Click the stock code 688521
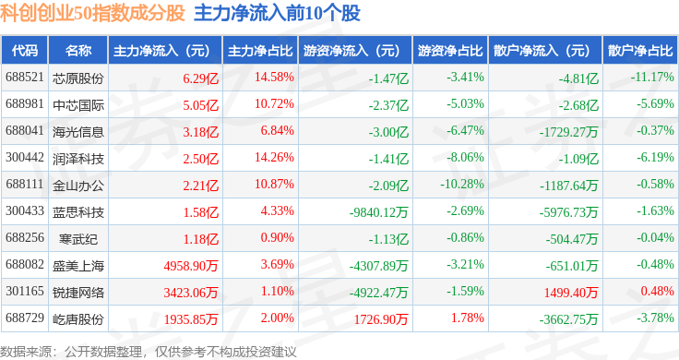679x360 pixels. tap(25, 78)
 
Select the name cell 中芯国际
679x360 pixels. tap(78, 105)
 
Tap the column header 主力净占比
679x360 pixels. tap(260, 51)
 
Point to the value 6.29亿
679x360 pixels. tap(200, 78)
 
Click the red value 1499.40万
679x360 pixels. tap(571, 293)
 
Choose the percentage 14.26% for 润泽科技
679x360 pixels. tap(274, 157)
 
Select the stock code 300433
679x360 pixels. tap(25, 211)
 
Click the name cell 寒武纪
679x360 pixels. tap(78, 239)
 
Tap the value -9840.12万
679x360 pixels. tap(378, 212)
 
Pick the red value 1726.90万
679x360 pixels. tap(381, 319)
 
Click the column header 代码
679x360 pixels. tap(25, 51)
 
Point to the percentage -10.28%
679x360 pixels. tap(462, 184)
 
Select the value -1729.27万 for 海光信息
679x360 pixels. tap(568, 132)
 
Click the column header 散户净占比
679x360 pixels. tap(640, 51)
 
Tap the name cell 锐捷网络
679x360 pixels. tap(78, 293)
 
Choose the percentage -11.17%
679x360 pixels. tap(652, 78)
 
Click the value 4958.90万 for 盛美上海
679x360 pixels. tap(191, 266)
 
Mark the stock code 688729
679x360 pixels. tap(25, 318)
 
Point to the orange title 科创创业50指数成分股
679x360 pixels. tap(92, 13)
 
